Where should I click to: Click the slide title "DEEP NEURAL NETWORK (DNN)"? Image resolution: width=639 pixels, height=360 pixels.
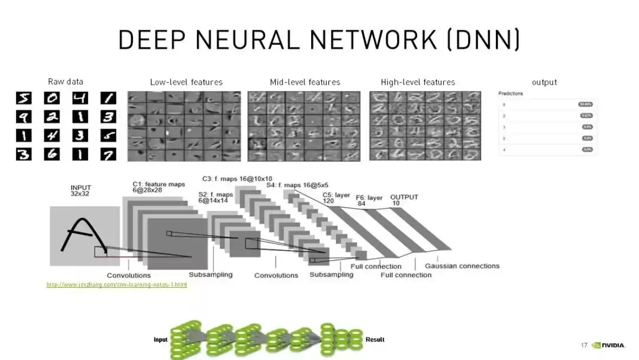pyautogui.click(x=319, y=39)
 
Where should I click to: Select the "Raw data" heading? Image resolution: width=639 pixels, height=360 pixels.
pyautogui.click(x=65, y=82)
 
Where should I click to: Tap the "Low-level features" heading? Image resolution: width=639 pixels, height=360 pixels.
pyautogui.click(x=186, y=82)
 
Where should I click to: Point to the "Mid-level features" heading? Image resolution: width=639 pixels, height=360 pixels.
pyautogui.click(x=305, y=82)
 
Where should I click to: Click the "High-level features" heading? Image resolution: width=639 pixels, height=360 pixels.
pyautogui.click(x=418, y=82)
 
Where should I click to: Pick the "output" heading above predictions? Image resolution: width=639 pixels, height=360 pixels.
pyautogui.click(x=544, y=82)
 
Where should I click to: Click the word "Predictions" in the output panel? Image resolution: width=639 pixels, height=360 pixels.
pyautogui.click(x=511, y=94)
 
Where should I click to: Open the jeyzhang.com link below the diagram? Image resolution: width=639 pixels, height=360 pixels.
pyautogui.click(x=117, y=285)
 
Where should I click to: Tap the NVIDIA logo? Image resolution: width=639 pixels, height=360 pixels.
pyautogui.click(x=609, y=345)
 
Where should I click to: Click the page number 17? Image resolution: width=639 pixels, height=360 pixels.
pyautogui.click(x=584, y=345)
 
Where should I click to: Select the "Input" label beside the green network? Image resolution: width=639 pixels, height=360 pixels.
pyautogui.click(x=160, y=339)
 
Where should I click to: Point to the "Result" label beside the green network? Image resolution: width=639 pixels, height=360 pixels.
pyautogui.click(x=375, y=339)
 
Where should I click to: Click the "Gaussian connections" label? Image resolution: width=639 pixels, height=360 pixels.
pyautogui.click(x=462, y=266)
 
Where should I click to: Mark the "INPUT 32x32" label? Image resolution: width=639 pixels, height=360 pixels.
pyautogui.click(x=81, y=191)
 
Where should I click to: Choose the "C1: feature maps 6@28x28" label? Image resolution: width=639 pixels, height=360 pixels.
pyautogui.click(x=158, y=188)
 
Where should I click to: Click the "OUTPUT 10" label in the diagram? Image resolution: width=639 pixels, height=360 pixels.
pyautogui.click(x=404, y=200)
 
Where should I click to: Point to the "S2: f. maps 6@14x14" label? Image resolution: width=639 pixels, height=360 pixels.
pyautogui.click(x=215, y=198)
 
